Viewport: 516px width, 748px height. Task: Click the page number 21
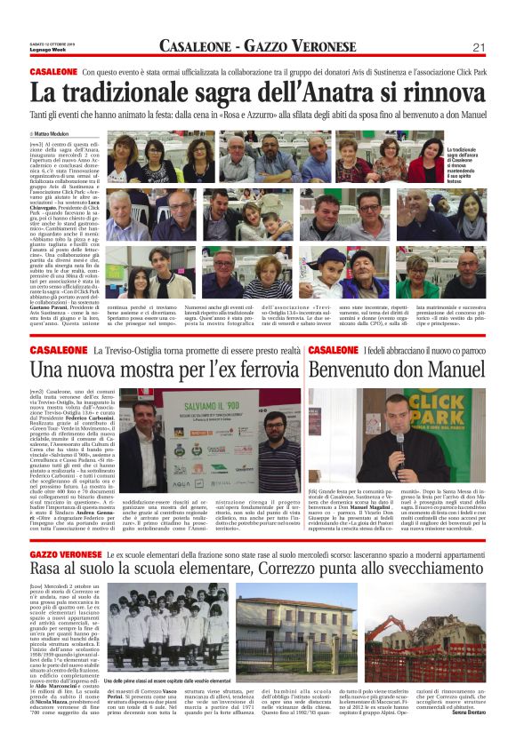478,47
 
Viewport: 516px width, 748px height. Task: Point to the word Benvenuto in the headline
351,368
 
